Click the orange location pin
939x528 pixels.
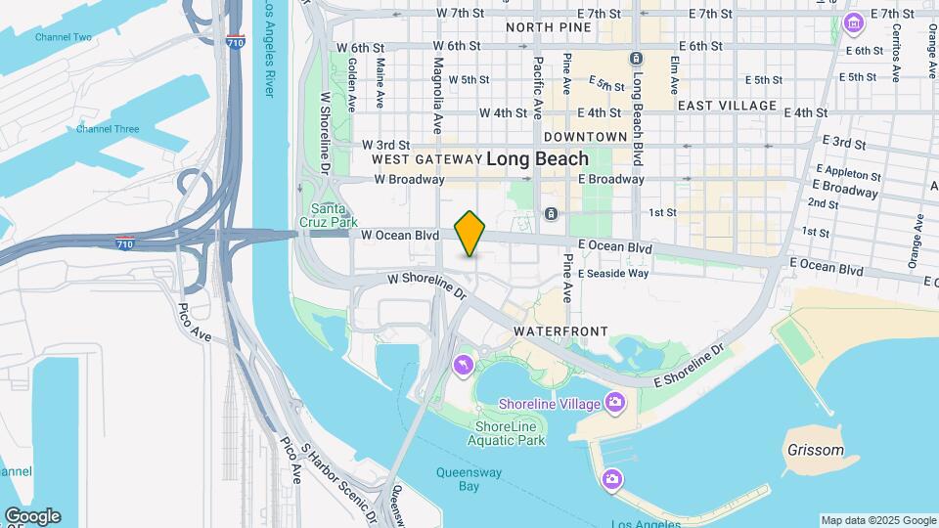[x=470, y=233]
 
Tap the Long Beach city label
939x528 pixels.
[x=537, y=158]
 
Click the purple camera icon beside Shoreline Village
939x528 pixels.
[x=614, y=402]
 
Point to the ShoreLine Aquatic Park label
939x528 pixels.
[x=510, y=433]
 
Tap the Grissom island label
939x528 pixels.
[x=815, y=451]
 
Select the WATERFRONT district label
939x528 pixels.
[x=560, y=332]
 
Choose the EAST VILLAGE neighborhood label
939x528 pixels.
[x=727, y=106]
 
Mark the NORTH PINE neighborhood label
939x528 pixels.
[x=549, y=27]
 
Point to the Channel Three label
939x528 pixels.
[x=108, y=129]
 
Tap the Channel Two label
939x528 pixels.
[x=64, y=37]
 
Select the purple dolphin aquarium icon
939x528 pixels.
[x=462, y=366]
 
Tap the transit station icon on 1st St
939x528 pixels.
[x=552, y=213]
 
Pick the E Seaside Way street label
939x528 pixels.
[x=613, y=274]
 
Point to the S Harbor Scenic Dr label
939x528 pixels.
[x=336, y=480]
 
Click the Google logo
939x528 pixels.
[x=32, y=516]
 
